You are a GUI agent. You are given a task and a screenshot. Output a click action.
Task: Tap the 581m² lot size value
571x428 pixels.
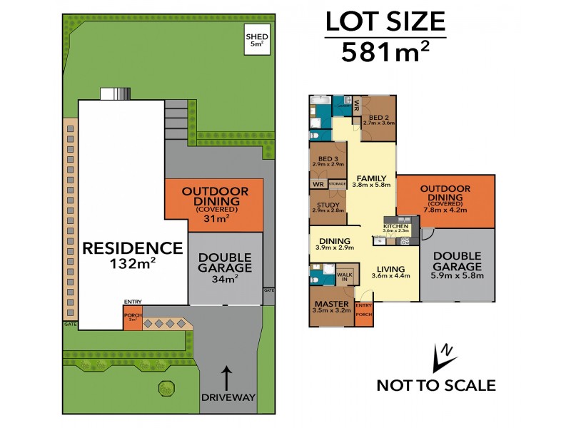(385, 52)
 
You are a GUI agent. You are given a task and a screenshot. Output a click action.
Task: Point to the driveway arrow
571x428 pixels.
(227, 376)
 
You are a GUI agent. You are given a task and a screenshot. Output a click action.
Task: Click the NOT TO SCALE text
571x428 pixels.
(435, 386)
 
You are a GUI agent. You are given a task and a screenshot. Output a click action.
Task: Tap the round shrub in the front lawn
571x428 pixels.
(166, 388)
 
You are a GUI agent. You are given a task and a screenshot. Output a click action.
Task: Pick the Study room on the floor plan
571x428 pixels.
(328, 208)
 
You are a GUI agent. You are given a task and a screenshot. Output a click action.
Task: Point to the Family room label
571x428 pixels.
(371, 178)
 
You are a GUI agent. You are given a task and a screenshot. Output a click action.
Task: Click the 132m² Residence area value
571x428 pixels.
(133, 263)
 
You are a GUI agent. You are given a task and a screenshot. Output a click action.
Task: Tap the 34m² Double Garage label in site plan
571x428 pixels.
(225, 279)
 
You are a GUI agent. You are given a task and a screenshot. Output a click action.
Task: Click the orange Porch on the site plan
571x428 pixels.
(132, 318)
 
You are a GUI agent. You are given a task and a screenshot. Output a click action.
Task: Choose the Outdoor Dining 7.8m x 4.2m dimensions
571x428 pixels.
(445, 210)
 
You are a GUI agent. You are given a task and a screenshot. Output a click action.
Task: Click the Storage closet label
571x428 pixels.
(337, 184)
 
